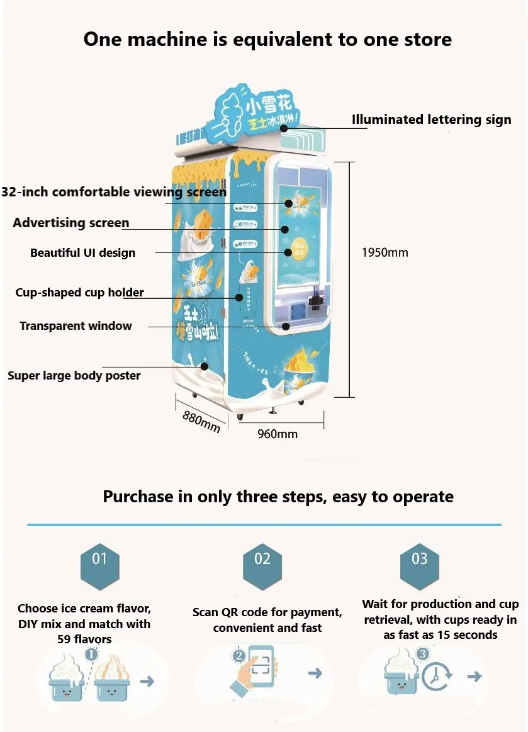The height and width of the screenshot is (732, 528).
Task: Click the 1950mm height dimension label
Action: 385,252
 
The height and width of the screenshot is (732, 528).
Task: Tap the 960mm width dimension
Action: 277,434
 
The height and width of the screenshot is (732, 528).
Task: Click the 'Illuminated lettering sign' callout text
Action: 431,120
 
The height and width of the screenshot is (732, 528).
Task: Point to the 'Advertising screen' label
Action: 71,223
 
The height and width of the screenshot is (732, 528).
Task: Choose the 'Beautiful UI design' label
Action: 82,253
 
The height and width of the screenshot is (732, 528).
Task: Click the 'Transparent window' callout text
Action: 76,325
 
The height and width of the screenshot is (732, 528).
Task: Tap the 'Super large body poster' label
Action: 74,376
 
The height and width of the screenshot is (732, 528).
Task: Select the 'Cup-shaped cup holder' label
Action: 79,293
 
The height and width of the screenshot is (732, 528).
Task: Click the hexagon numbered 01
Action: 99,559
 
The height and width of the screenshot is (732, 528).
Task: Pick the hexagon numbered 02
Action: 262,559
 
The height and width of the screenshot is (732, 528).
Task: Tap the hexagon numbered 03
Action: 419,559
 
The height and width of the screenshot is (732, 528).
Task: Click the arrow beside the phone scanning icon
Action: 315,673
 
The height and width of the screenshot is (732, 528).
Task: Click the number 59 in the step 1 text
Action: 65,639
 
